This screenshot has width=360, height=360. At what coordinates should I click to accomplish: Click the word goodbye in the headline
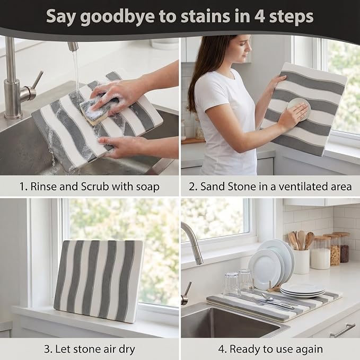(x=117, y=16)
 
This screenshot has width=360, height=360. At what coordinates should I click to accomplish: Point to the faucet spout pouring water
(x=73, y=46)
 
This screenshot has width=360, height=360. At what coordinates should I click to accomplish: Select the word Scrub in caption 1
(x=95, y=187)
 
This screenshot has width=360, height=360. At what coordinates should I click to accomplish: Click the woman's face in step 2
(x=243, y=48)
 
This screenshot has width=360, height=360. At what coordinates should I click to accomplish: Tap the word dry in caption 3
(x=127, y=350)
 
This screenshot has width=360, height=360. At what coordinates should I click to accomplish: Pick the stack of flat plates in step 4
(x=303, y=289)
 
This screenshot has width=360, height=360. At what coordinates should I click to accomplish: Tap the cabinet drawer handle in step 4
(x=343, y=330)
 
